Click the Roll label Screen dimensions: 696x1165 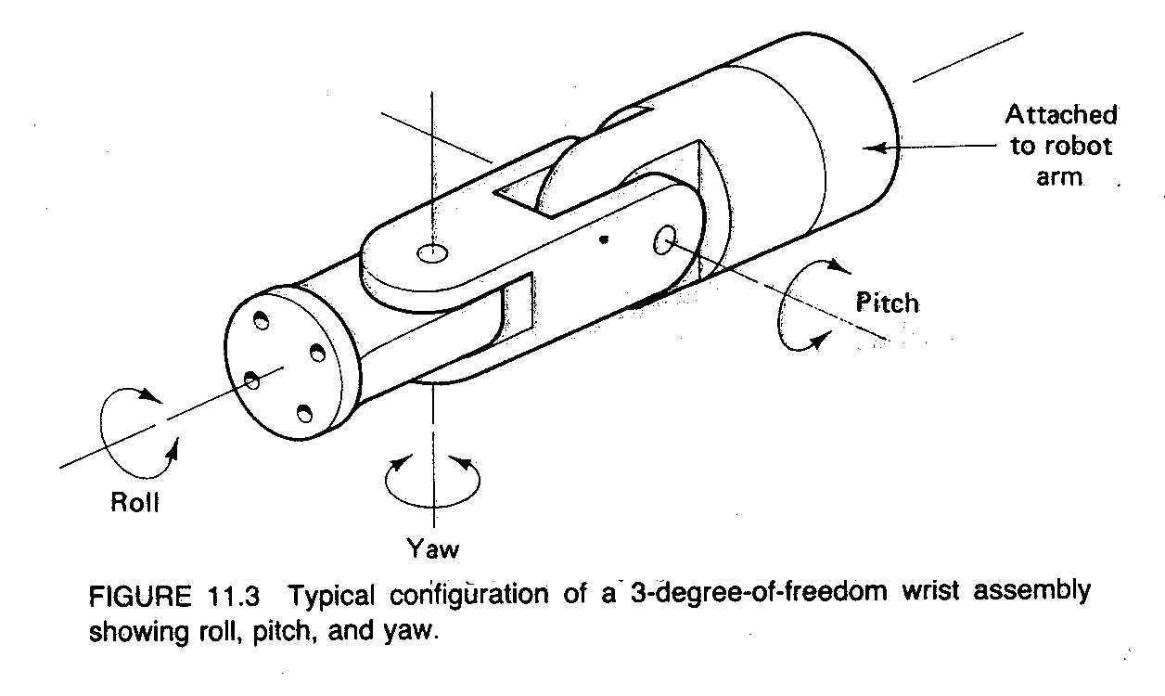tap(135, 503)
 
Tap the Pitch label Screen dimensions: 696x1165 tap(887, 303)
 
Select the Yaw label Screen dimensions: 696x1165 tap(432, 548)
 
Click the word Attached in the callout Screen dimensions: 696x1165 tap(1061, 115)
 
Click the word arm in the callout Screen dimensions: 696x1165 tap(1059, 175)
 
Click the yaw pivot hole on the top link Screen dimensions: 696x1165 tap(433, 251)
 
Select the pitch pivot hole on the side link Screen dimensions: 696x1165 tap(666, 240)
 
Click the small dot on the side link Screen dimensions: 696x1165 tap(604, 239)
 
